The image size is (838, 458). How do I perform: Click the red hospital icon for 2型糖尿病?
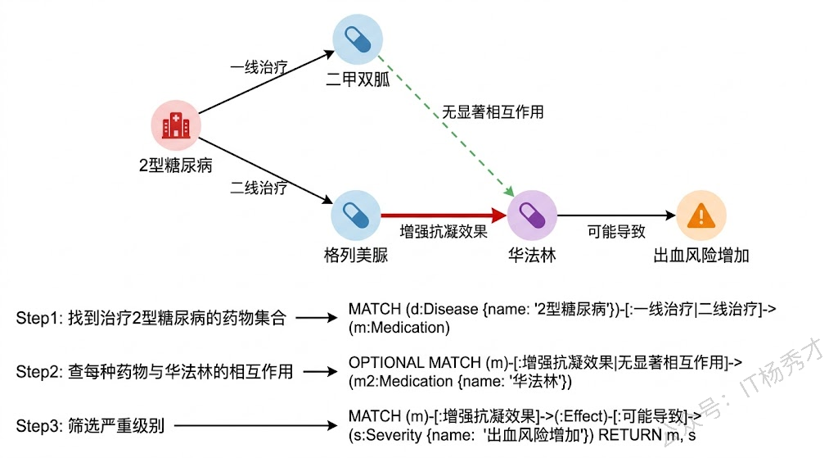point(176,126)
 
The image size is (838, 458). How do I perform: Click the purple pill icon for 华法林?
point(532,216)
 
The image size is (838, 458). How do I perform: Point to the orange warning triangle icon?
point(701,216)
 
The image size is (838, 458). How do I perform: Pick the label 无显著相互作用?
point(493,111)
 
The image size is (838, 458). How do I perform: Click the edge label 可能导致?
point(616,232)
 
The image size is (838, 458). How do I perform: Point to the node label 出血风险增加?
point(701,256)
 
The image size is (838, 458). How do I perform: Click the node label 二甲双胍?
point(358,80)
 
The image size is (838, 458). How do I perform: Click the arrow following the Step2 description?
point(320,372)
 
